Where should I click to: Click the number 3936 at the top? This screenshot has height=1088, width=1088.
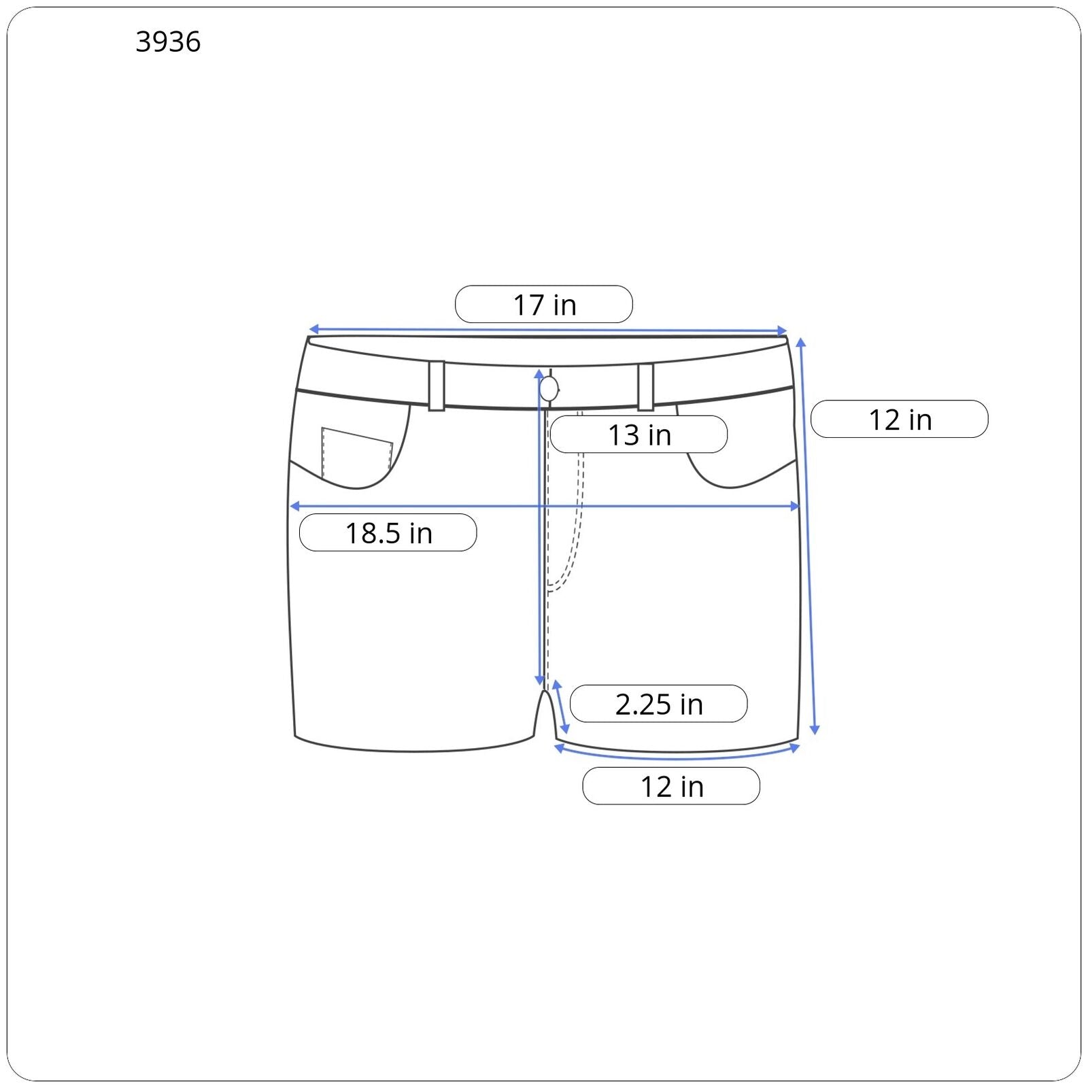(168, 42)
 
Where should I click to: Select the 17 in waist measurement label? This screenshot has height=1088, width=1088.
(544, 305)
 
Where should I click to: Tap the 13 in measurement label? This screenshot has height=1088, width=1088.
(639, 435)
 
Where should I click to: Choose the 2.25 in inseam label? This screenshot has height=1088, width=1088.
(658, 704)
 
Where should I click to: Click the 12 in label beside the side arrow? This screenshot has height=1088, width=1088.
(900, 419)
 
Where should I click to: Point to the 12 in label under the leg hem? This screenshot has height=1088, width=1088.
(671, 786)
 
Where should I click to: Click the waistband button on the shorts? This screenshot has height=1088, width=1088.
(549, 390)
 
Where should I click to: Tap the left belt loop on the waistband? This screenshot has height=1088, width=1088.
(437, 386)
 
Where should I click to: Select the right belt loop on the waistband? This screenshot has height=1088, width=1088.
(646, 387)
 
